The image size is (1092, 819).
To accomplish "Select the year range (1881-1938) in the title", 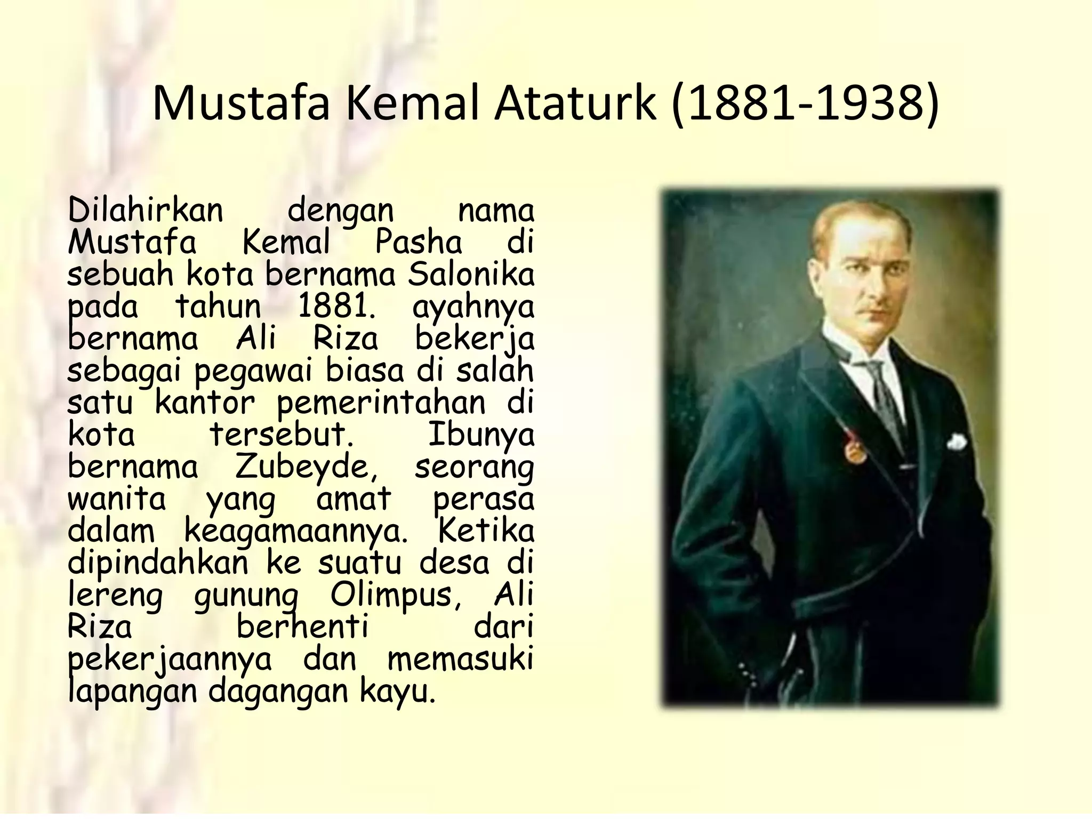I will click(x=805, y=103).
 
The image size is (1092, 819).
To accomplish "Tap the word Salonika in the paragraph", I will click(x=471, y=275).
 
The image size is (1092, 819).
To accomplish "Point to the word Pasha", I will click(x=419, y=243).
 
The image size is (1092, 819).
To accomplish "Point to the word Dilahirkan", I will click(x=146, y=210).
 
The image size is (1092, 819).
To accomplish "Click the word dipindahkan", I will click(x=158, y=563).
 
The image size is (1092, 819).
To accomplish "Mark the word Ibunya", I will click(x=480, y=435).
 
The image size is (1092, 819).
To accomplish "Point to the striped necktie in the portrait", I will click(x=885, y=395).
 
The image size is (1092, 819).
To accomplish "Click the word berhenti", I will click(x=302, y=627).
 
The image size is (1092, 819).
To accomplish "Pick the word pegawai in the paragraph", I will click(x=253, y=371).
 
